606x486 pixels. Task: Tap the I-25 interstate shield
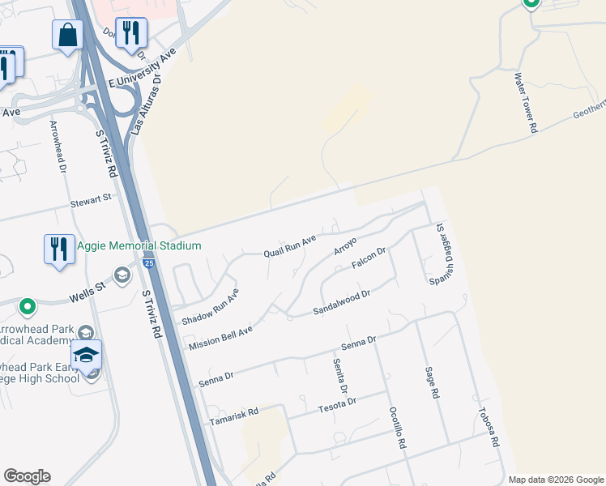click(x=147, y=263)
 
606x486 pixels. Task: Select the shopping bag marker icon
click(x=68, y=36)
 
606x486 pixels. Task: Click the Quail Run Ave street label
click(x=289, y=247)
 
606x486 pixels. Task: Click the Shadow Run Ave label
click(x=210, y=307)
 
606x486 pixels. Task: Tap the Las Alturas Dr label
click(x=151, y=89)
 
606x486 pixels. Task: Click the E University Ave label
click(x=143, y=70)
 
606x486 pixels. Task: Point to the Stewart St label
click(x=90, y=199)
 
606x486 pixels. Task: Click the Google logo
click(x=27, y=476)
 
